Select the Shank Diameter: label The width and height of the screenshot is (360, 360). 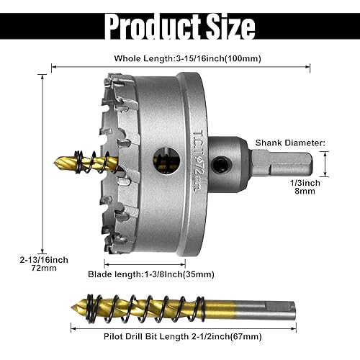click(294, 143)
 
